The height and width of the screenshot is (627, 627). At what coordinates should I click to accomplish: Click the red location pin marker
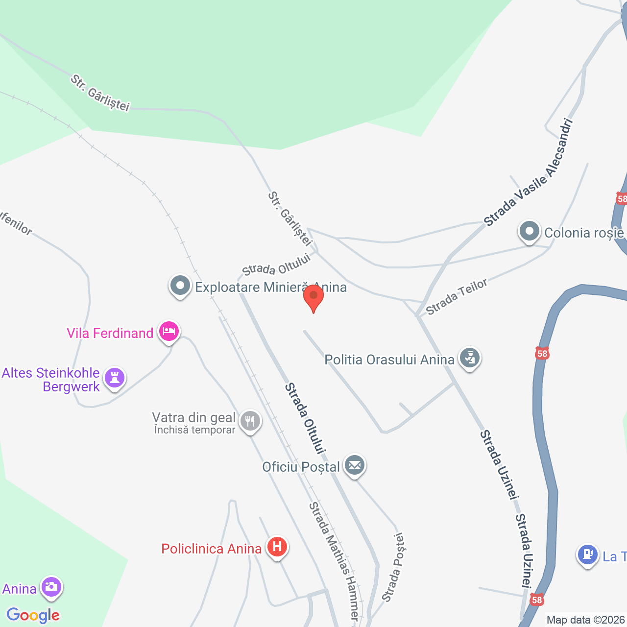click(313, 297)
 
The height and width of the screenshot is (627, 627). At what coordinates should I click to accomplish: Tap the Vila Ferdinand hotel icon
click(169, 332)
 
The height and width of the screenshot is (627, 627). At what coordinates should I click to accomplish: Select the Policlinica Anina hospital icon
click(277, 546)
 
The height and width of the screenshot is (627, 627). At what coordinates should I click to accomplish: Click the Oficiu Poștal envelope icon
click(355, 465)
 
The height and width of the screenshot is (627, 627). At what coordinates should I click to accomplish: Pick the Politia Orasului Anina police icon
click(470, 358)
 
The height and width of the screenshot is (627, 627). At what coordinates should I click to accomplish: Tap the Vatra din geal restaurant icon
click(250, 420)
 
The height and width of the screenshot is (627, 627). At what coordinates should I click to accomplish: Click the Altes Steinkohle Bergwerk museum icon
click(115, 378)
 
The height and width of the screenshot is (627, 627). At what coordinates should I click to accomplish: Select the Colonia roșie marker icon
click(529, 231)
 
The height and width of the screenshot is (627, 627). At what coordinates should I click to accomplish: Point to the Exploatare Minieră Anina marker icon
click(180, 286)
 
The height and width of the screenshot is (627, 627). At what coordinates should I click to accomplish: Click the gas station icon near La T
click(587, 555)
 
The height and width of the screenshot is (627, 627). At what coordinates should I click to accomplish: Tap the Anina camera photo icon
click(51, 586)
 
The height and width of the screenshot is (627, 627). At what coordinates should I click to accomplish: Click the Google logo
click(33, 615)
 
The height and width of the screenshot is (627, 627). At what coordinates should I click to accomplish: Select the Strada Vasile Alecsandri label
click(528, 172)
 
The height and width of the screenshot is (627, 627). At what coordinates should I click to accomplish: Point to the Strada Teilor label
click(457, 297)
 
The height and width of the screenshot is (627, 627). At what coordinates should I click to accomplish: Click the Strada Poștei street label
click(394, 567)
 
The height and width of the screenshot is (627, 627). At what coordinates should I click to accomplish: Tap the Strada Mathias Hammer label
click(333, 561)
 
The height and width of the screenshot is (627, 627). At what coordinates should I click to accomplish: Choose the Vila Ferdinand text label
click(110, 333)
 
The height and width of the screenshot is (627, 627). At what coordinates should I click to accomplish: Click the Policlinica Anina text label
click(211, 549)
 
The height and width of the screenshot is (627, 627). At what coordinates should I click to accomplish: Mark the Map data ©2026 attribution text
click(586, 620)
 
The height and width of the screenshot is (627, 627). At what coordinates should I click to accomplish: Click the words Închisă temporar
click(194, 430)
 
